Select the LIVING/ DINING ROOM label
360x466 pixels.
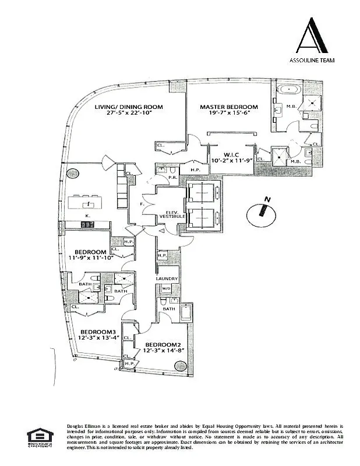(130, 107)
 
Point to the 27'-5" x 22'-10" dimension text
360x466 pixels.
(130, 114)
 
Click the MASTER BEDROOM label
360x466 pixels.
(228, 107)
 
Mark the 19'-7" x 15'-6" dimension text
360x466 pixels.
(228, 114)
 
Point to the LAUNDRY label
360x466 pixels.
(167, 279)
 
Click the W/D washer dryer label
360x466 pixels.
(165, 288)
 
